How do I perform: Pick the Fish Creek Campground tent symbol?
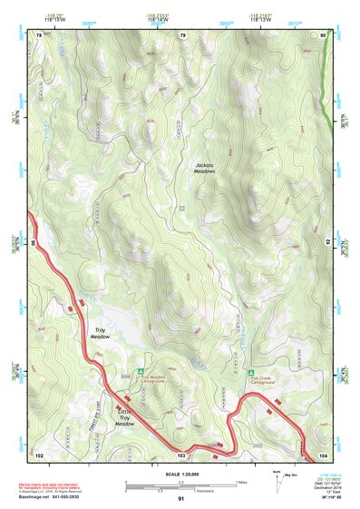(x=251, y=372)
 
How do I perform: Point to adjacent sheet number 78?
(x=39, y=35)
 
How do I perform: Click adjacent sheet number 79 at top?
(x=182, y=35)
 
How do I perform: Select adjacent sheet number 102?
(x=39, y=454)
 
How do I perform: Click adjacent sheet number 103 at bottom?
(x=182, y=454)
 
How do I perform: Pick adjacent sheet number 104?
(x=323, y=454)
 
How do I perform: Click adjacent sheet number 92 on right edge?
(x=326, y=243)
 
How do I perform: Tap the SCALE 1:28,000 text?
(x=180, y=474)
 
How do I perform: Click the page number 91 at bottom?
(x=181, y=500)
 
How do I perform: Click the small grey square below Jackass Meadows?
(x=181, y=209)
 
